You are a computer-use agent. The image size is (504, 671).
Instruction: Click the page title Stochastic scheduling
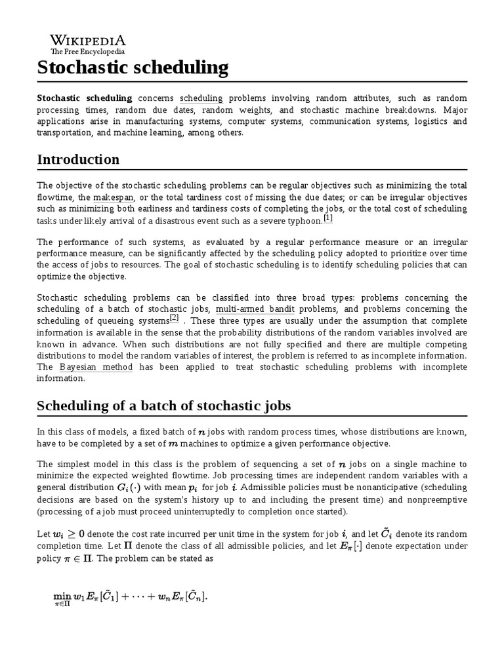133,67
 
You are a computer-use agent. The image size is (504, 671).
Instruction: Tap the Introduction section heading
78,159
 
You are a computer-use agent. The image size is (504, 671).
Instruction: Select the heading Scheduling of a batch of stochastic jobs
163,406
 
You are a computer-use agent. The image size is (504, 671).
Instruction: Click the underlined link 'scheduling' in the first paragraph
201,98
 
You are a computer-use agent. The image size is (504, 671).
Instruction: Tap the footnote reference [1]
328,218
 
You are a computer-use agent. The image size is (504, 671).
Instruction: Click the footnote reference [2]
174,318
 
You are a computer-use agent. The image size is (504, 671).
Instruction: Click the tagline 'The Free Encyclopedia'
87,51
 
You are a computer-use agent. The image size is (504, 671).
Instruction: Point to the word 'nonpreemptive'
436,499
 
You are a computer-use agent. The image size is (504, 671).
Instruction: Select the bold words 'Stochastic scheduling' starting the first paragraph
84,98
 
